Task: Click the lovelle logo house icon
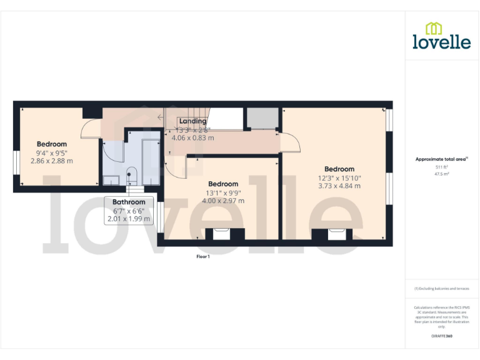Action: (x=434, y=28)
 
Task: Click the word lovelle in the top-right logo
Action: (x=441, y=42)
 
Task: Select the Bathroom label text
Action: (x=129, y=202)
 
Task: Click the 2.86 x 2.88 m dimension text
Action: (x=52, y=161)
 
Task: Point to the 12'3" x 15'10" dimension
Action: (x=339, y=177)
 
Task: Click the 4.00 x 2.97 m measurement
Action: (x=223, y=201)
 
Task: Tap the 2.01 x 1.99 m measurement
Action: (x=129, y=219)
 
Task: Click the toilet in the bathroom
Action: (x=131, y=174)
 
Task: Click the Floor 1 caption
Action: (x=203, y=256)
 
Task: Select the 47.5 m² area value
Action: (x=442, y=174)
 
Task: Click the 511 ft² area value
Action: (x=442, y=167)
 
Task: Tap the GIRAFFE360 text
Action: (x=442, y=336)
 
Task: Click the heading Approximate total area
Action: (x=441, y=159)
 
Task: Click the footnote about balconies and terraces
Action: (x=442, y=288)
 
